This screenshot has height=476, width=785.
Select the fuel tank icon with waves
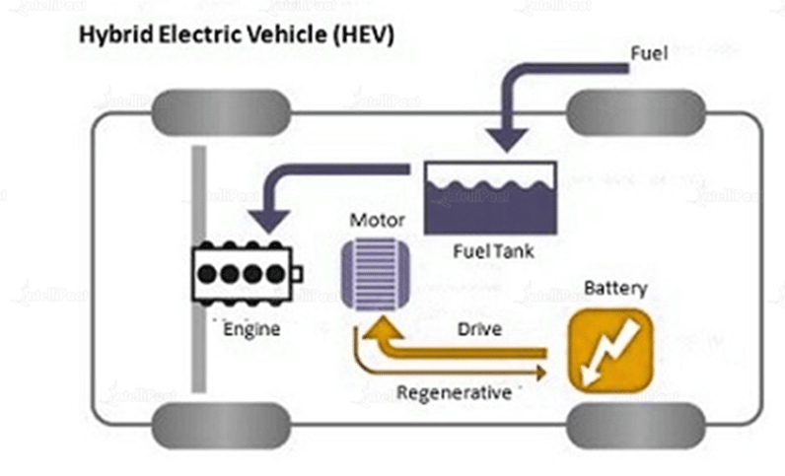click(x=490, y=197)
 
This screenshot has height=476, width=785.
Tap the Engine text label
click(x=250, y=328)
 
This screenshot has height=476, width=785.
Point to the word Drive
click(x=479, y=329)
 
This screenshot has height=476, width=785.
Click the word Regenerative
click(x=454, y=392)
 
